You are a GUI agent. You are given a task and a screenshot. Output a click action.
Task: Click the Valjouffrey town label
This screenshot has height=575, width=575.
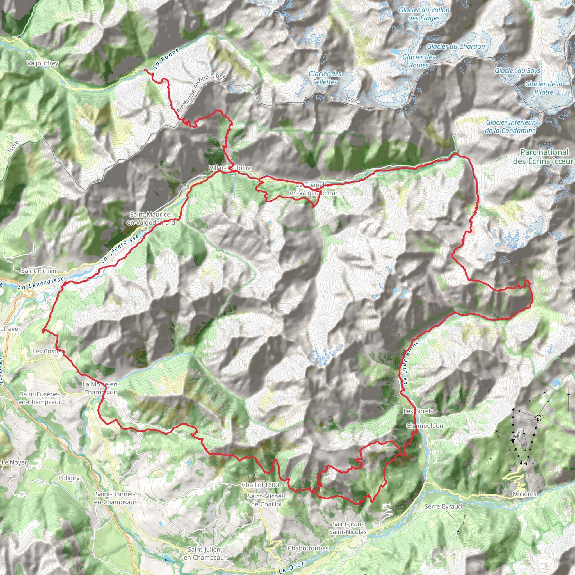tap(43, 63)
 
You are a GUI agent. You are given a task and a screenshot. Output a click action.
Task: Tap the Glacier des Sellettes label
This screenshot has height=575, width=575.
tap(325, 78)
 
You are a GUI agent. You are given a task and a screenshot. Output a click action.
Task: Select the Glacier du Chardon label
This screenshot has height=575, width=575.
tap(456, 46)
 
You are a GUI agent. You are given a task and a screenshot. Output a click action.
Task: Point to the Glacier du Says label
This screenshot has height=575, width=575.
tap(517, 70)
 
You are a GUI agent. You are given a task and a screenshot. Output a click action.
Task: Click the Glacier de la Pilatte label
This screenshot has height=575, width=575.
tap(544, 88)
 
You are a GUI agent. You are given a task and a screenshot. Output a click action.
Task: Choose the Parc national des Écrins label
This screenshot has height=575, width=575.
tap(544, 157)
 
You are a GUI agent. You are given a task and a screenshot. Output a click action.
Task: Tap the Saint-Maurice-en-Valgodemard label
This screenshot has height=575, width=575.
tap(150, 218)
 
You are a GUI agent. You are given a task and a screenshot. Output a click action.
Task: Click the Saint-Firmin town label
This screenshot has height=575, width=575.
tap(39, 271)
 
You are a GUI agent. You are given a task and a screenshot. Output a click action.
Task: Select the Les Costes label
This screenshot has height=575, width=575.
tap(48, 352)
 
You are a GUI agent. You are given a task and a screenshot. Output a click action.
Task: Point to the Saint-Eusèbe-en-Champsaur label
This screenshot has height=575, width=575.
tap(40, 398)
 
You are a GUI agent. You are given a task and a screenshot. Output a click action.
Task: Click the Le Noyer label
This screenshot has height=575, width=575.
tap(14, 462)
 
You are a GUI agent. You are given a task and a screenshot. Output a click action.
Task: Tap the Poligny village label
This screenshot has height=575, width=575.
tap(69, 478)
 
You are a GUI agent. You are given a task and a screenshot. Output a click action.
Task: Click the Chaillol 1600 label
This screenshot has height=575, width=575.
tap(261, 485)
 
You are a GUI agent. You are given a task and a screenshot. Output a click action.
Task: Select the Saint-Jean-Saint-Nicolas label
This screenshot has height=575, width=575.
tap(348, 528)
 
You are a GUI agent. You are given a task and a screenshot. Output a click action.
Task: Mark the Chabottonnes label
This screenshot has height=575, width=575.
tap(308, 548)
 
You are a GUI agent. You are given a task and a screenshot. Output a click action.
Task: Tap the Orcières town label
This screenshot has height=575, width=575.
tap(524, 494)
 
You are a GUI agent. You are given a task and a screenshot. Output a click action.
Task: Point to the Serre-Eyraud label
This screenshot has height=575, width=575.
tap(443, 506)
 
